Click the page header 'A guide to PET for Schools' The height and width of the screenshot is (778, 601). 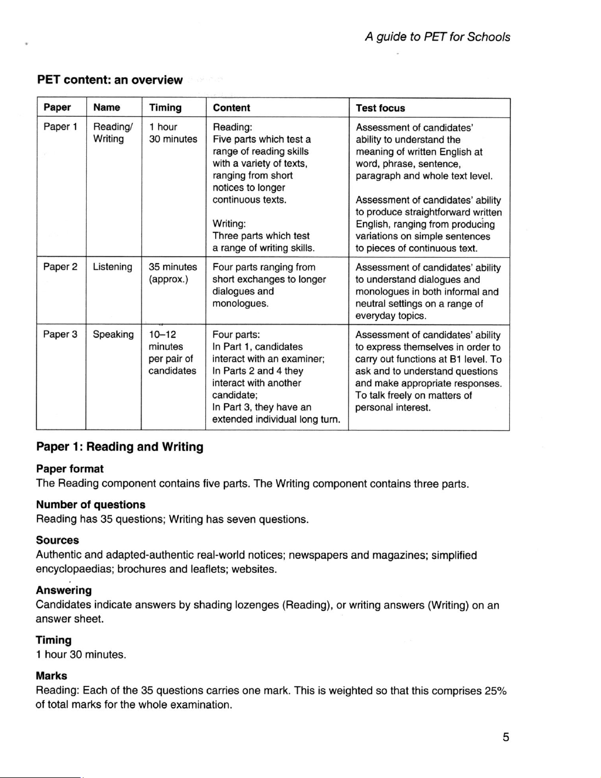(x=437, y=37)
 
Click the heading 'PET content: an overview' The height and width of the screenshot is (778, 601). (x=109, y=80)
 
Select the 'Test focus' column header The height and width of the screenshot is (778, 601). (x=380, y=108)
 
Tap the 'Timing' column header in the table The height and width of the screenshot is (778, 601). (x=165, y=107)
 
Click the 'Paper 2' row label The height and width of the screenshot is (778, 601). (x=60, y=267)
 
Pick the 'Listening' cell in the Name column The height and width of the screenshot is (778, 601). (x=113, y=267)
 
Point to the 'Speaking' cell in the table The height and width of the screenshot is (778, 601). (x=113, y=334)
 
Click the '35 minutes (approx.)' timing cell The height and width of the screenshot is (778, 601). (x=172, y=273)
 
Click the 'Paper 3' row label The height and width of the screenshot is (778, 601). (x=60, y=334)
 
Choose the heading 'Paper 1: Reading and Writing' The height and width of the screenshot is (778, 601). (x=120, y=447)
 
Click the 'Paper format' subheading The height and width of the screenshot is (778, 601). (x=70, y=469)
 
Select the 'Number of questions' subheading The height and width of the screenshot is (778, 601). (x=91, y=504)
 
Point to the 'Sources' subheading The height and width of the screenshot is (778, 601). (x=58, y=540)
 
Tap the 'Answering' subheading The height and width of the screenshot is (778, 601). (x=64, y=590)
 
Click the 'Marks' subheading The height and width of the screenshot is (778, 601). (x=52, y=676)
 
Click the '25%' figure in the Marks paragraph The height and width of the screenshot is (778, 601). (x=495, y=690)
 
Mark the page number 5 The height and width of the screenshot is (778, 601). (x=505, y=737)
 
